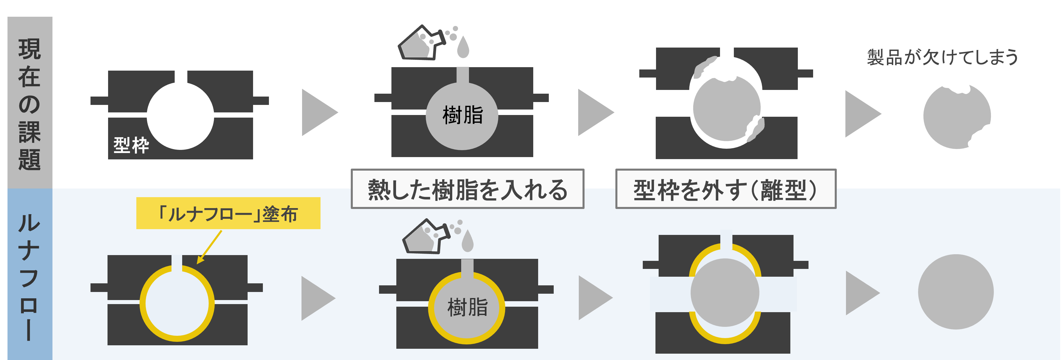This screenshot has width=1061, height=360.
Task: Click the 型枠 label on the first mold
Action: (x=131, y=145)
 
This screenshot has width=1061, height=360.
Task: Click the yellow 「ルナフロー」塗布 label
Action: (x=228, y=213)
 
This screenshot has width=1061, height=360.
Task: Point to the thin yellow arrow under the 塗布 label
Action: (x=209, y=247)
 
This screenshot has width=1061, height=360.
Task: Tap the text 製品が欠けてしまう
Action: (x=942, y=57)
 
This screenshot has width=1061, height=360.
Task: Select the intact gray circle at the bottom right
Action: (x=956, y=292)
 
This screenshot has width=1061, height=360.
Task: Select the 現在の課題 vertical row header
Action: (x=30, y=103)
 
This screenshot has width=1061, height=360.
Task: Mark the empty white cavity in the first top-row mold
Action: (x=180, y=116)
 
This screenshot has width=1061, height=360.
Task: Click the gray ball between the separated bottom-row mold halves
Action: (x=725, y=293)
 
